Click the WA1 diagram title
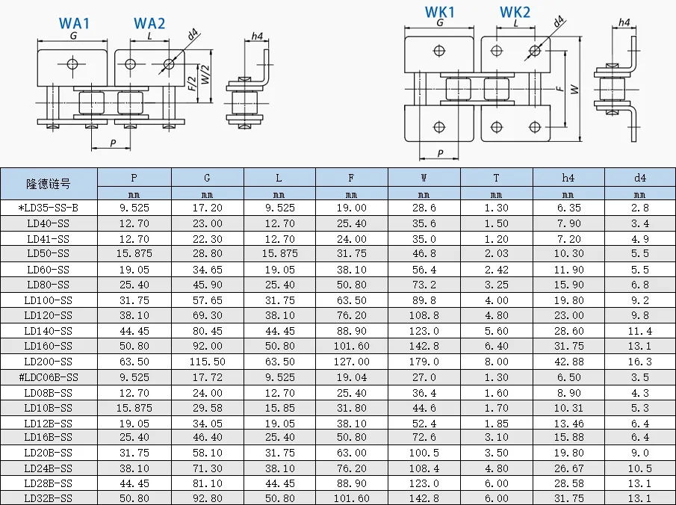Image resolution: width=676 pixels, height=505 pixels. tap(74, 23)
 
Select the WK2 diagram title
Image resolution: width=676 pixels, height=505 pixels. tap(515, 12)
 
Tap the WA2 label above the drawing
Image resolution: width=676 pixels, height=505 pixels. tap(149, 23)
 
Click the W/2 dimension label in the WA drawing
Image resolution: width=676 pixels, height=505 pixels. tap(205, 74)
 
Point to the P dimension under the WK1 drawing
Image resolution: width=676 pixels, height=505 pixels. tap(440, 153)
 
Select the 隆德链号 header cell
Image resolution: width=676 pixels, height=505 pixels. tap(49, 185)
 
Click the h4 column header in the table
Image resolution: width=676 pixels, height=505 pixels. tap(568, 178)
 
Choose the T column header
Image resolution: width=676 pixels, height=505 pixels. tap(496, 178)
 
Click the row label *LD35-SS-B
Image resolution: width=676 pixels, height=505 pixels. tap(49, 208)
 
